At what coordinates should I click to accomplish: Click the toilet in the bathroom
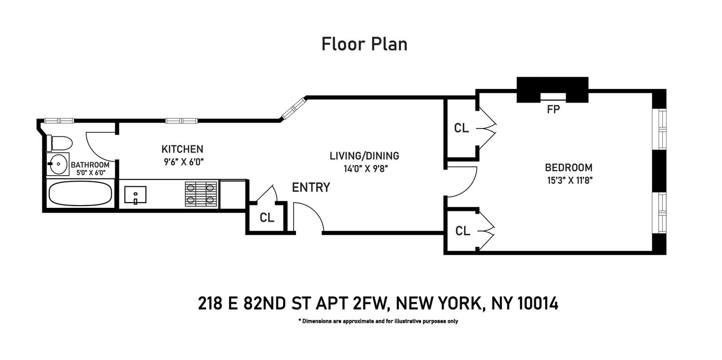59,143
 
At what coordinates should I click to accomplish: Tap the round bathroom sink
58,164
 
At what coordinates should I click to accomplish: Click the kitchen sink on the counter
135,195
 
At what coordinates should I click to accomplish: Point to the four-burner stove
202,193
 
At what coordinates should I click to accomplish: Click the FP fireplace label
554,110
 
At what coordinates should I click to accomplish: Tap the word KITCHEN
182,149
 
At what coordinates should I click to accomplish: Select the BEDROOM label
568,167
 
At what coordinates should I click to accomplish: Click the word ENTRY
311,187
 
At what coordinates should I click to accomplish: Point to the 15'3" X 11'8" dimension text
570,180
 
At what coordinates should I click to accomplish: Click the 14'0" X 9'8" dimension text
365,169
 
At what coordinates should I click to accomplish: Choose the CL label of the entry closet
267,218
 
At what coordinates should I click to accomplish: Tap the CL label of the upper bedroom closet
461,129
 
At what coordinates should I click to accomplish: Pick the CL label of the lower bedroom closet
463,231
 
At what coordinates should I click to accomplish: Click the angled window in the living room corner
293,108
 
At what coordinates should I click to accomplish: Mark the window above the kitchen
181,121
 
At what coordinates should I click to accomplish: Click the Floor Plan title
364,44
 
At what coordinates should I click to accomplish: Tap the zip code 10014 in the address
538,303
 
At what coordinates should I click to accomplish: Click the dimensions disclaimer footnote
378,321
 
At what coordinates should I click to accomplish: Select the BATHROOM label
90,165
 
